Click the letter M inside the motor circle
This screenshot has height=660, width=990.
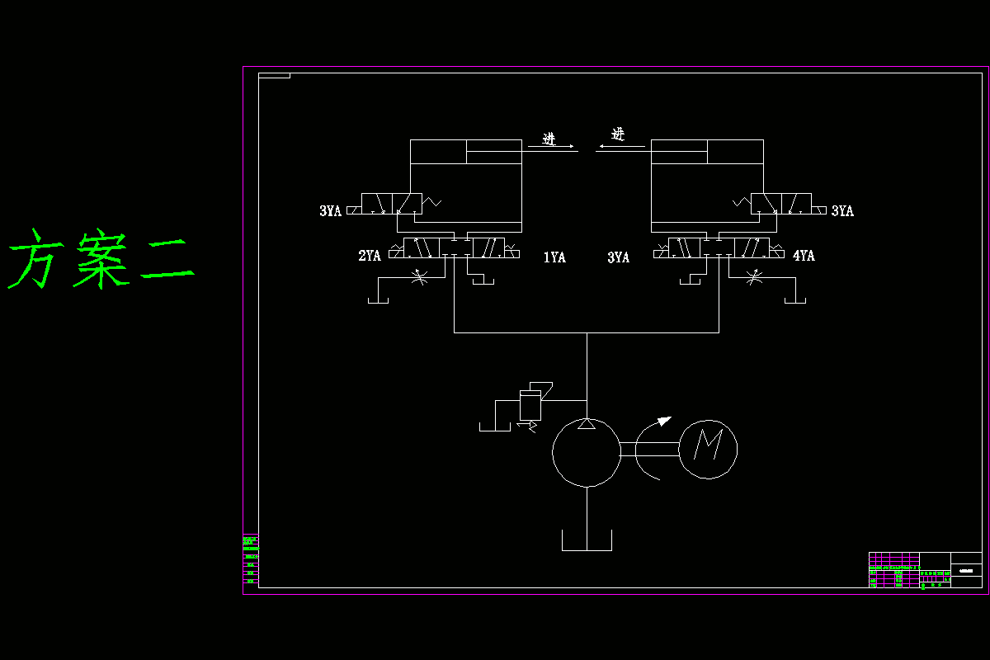click(708, 447)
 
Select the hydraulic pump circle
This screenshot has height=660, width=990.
click(586, 452)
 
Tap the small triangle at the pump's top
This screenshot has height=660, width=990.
click(586, 424)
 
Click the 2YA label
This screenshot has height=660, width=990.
click(370, 256)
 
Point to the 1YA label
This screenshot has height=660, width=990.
click(554, 257)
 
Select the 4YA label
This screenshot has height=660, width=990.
click(804, 256)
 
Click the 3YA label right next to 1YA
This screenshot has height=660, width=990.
click(619, 257)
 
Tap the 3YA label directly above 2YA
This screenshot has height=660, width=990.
click(330, 211)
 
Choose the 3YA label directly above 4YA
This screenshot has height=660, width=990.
click(842, 211)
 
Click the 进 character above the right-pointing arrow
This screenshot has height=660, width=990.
click(549, 138)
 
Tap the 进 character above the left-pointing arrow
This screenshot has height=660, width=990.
click(618, 134)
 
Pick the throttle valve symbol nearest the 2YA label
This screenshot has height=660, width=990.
click(418, 278)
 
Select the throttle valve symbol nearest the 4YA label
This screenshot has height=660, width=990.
click(753, 278)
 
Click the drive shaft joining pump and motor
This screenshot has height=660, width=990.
click(648, 449)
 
